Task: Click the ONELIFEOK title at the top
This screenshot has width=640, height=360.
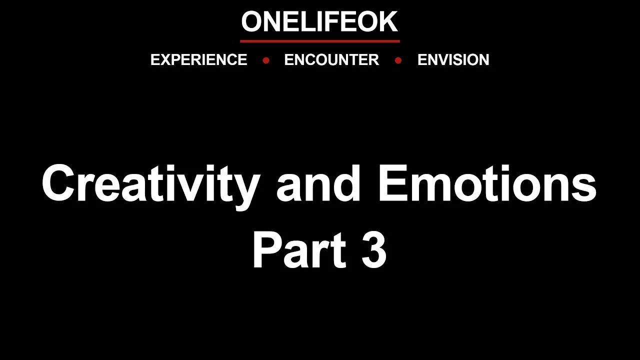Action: click(319, 22)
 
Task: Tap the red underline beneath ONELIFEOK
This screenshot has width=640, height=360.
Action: click(320, 41)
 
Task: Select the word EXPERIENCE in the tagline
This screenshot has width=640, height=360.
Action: click(198, 60)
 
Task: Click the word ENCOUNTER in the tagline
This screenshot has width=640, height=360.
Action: click(331, 60)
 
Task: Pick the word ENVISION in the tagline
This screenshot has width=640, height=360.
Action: click(453, 60)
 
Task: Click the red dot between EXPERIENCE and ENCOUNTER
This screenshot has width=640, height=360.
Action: click(266, 60)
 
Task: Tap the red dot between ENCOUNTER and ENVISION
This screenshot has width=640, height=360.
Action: click(398, 60)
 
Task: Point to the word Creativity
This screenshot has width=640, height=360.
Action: click(150, 184)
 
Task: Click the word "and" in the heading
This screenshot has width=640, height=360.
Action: click(318, 184)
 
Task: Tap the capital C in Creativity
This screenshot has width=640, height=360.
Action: click(59, 184)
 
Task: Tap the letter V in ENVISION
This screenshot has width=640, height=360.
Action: click(441, 60)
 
